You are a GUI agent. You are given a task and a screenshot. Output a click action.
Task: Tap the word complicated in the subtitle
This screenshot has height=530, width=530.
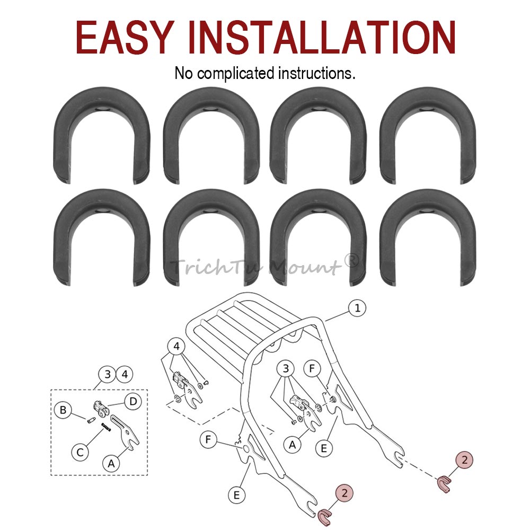coord(236,73)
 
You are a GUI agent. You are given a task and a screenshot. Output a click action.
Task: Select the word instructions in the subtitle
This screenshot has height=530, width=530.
coord(316,73)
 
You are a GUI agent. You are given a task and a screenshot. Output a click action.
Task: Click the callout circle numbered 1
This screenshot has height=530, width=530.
coord(357,308)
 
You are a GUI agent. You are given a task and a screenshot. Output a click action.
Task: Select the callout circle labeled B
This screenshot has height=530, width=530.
coord(63,410)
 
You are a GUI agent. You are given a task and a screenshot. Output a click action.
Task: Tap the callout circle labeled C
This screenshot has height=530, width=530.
coord(80,452)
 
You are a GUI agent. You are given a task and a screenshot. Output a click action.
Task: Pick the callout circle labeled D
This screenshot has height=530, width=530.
coord(133,401)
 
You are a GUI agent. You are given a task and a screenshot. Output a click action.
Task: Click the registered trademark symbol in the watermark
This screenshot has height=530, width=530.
coord(351,260)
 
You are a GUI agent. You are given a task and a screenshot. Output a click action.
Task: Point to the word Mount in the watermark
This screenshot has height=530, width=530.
coord(304,267)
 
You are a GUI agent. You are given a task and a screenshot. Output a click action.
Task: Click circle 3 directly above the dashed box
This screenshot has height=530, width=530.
coord(108,375)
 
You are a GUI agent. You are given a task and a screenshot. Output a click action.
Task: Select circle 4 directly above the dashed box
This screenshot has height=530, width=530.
coord(125,375)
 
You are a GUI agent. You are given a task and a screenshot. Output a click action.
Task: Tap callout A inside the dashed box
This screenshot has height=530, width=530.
coord(111,464)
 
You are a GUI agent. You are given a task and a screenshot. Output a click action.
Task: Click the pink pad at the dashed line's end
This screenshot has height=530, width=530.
coord(444,484)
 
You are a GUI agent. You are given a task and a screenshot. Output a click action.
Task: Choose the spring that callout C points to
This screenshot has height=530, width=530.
coord(106,427)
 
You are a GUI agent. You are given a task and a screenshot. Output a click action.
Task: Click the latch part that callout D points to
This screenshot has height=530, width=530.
coord(100,409)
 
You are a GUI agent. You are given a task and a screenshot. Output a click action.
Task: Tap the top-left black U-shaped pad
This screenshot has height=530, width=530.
coord(101,135)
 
